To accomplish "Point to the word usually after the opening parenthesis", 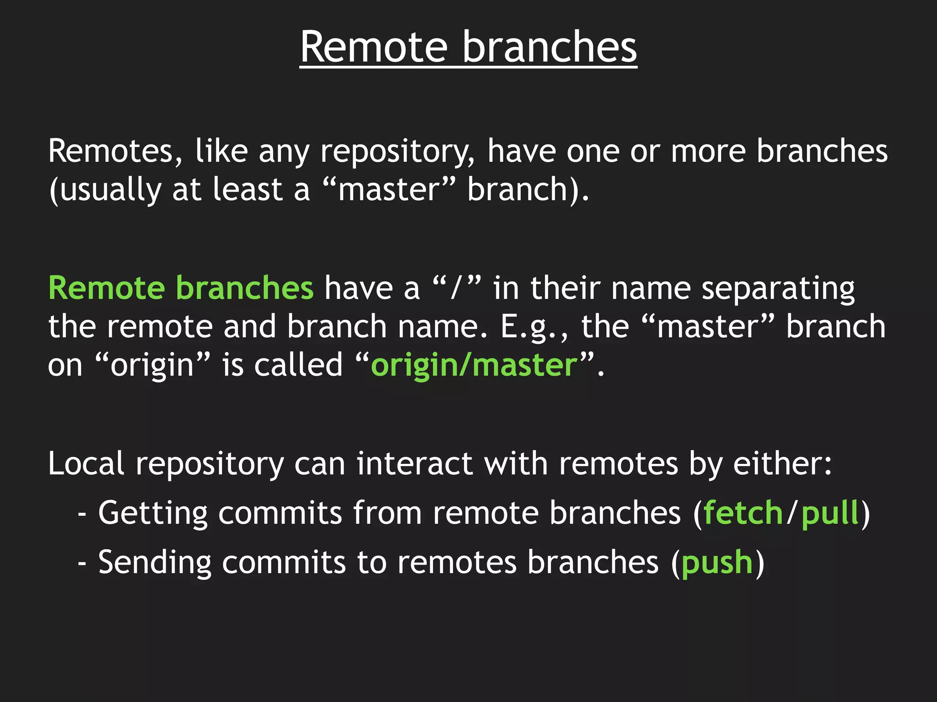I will click(x=110, y=190).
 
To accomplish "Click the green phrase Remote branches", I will click(x=181, y=288).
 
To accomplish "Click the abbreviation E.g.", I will click(x=533, y=327).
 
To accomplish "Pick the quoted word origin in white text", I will click(x=152, y=366).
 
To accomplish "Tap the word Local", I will click(x=86, y=464).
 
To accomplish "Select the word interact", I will click(x=415, y=464).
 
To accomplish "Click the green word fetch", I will click(x=743, y=513).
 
